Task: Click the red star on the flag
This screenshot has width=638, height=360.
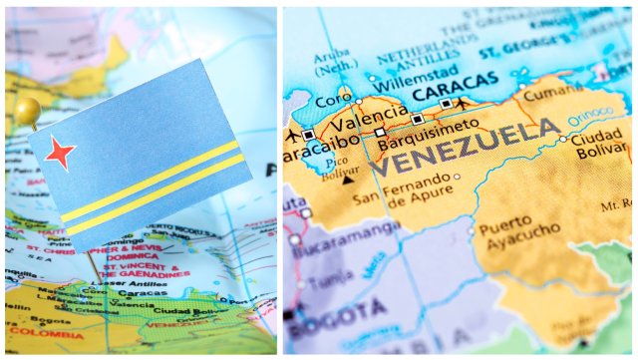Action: pos(59,154)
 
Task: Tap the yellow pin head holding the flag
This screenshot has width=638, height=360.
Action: pos(28,109)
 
